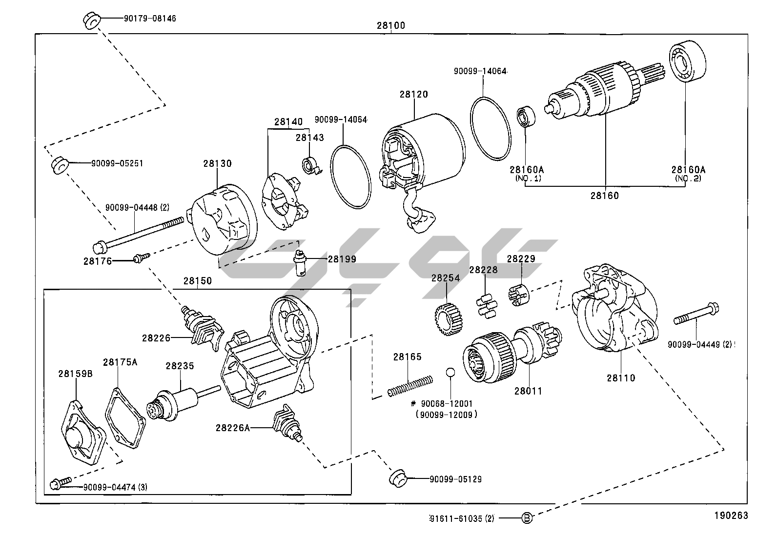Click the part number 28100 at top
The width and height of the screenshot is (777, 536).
point(390,26)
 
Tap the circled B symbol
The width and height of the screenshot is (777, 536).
point(527,518)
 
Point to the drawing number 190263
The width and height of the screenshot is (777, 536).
point(731,516)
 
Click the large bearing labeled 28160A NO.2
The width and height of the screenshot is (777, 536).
point(687,61)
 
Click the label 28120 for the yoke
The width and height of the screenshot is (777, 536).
point(413,95)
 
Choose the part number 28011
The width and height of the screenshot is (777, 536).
point(528,391)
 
